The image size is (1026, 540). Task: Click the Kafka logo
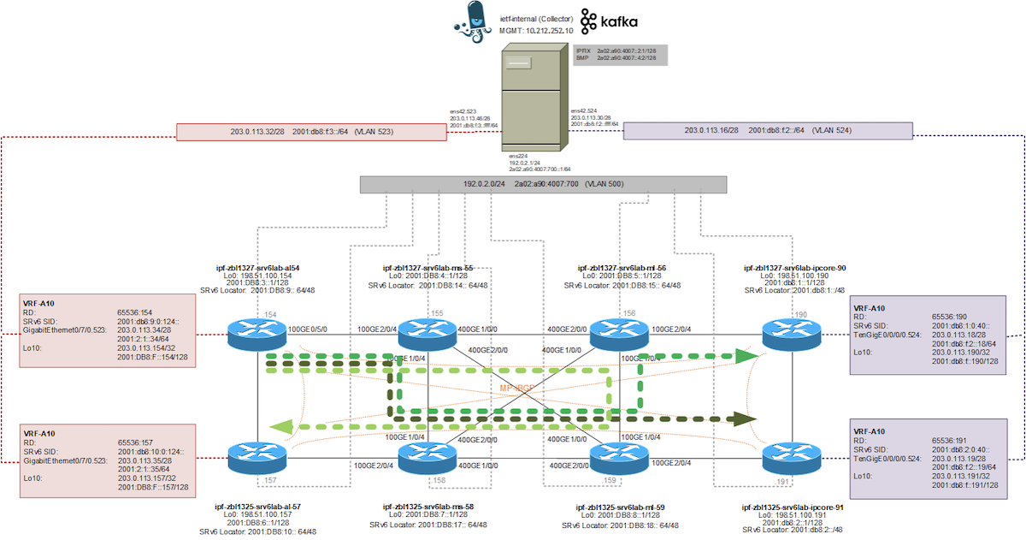(609, 21)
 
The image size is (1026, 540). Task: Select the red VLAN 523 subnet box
(311, 132)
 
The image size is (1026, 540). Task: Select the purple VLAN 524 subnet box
(768, 131)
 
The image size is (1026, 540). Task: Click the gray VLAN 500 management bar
(543, 185)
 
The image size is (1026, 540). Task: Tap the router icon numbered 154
(257, 334)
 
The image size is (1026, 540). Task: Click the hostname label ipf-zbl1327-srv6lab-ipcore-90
(795, 267)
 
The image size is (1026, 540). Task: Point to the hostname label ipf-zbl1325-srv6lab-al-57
(257, 507)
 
